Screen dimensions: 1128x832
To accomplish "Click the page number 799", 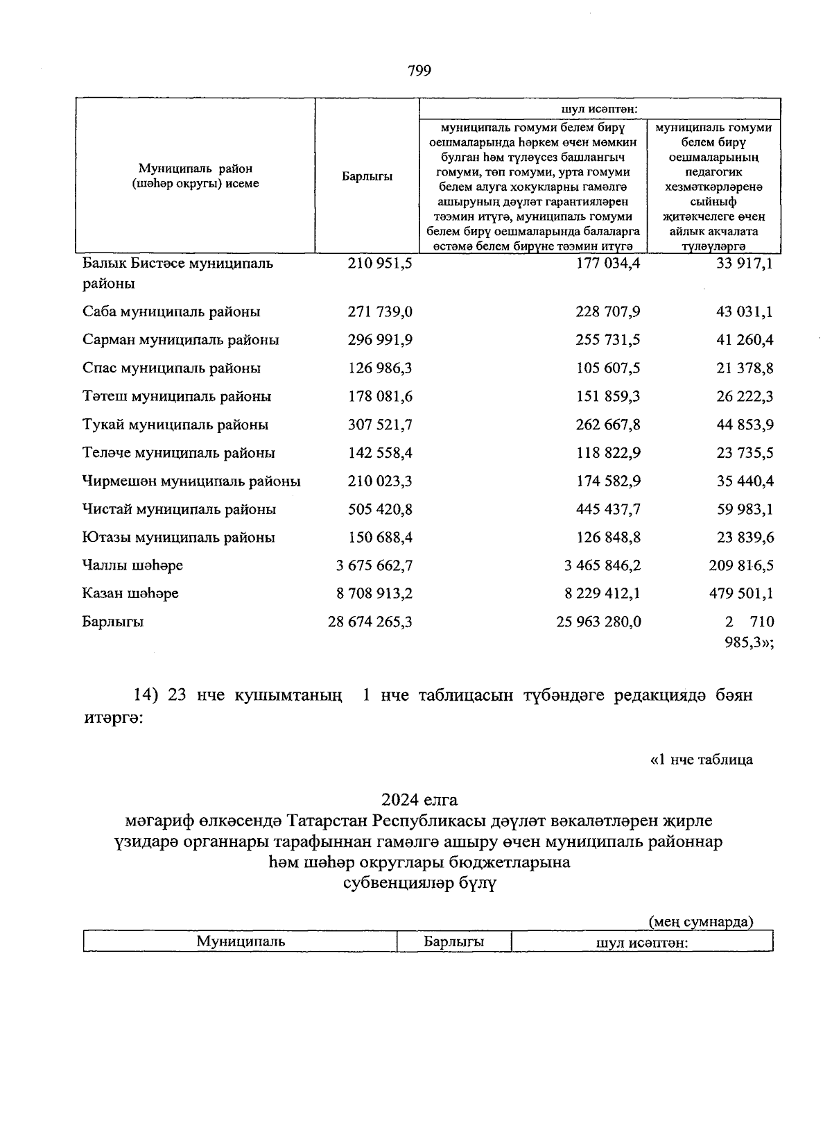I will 419,70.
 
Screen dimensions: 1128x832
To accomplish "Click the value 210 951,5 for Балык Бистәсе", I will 380,264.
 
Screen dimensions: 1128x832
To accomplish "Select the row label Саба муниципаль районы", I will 171,312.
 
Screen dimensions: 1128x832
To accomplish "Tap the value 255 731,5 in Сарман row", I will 608,340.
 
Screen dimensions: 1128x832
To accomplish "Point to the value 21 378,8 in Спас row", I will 745,368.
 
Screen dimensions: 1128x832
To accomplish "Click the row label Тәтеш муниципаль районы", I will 176,397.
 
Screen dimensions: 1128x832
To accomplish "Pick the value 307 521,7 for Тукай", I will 380,425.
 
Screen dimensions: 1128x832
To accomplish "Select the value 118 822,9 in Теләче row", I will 608,453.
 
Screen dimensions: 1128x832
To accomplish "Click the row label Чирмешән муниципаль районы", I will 191,481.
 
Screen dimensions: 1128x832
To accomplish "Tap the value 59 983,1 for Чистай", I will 745,509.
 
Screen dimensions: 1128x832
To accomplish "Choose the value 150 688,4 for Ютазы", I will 380,538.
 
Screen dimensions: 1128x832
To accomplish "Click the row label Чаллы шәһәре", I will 132,565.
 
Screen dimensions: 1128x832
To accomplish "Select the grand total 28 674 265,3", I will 370,622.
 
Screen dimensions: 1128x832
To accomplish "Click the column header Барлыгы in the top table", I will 367,176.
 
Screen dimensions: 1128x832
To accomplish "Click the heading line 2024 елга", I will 419,800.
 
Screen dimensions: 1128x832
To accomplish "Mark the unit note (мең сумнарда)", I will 700,921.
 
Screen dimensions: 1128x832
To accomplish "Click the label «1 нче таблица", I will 701,760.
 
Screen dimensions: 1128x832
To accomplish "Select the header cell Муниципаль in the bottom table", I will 241,941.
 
